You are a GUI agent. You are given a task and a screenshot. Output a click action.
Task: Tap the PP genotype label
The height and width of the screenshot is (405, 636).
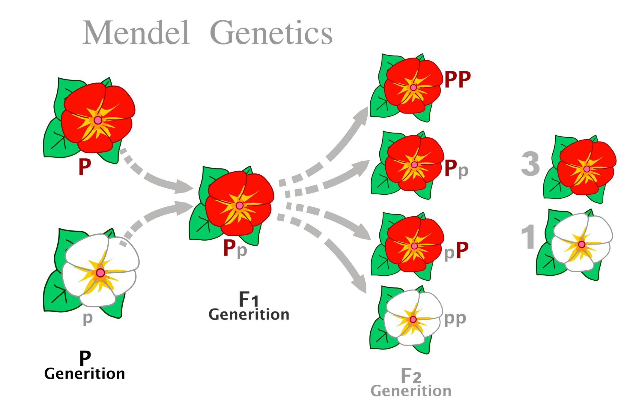457,79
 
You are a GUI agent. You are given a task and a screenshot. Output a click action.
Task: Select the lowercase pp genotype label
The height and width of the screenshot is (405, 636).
455,319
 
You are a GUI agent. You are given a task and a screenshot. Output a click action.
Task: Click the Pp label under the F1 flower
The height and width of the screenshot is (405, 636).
235,248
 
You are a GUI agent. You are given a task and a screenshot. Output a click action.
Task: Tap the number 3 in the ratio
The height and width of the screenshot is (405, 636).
530,164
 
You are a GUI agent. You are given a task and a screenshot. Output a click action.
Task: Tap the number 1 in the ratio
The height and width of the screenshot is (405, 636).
528,237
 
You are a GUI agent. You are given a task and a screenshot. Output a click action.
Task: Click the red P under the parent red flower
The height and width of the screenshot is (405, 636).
85,167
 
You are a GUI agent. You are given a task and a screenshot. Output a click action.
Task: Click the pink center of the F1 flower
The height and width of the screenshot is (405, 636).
239,205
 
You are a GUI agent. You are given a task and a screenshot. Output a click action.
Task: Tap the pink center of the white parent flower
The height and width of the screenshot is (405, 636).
100,273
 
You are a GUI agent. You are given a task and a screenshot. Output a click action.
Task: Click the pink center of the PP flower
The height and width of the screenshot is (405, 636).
413,88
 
